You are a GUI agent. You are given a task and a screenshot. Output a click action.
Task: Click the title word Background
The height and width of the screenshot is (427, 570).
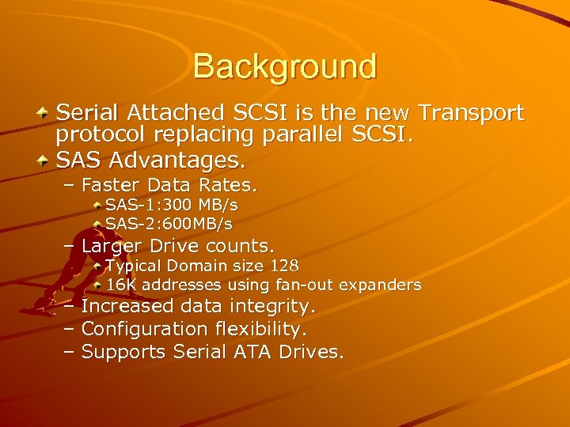click(284, 66)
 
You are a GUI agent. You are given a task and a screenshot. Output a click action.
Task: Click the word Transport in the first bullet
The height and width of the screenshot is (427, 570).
click(470, 113)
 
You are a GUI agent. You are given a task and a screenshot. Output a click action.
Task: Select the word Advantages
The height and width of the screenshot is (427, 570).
click(177, 161)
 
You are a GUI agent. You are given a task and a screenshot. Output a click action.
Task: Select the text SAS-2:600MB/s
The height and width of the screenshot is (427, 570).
click(169, 224)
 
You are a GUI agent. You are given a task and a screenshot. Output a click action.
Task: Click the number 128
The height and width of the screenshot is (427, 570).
click(284, 266)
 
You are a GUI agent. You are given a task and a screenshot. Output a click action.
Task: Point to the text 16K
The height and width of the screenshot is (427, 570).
click(121, 285)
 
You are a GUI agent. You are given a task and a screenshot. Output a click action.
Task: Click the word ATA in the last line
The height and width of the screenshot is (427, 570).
click(252, 351)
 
